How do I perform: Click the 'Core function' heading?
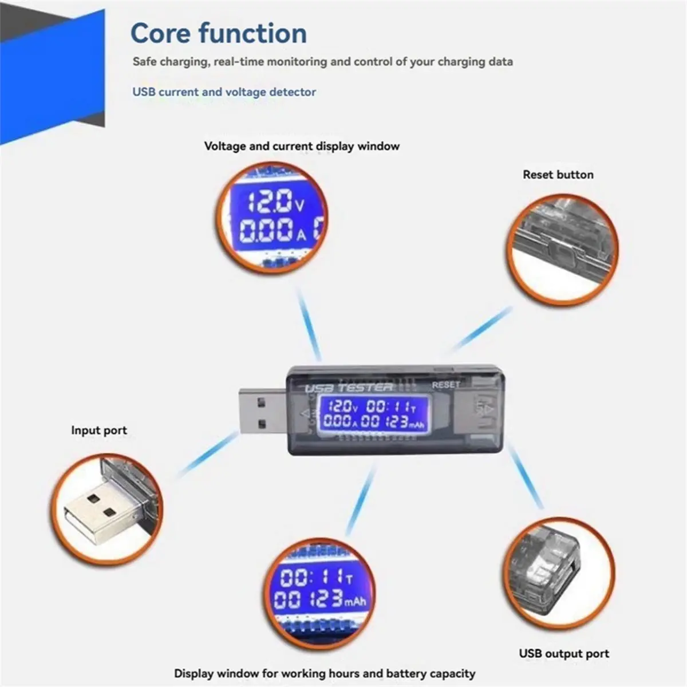pyautogui.click(x=219, y=33)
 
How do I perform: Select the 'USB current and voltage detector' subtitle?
pyautogui.click(x=224, y=92)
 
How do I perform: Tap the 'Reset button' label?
pyautogui.click(x=558, y=175)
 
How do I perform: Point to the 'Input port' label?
pyautogui.click(x=98, y=431)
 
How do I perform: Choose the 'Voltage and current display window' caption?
pyautogui.click(x=302, y=146)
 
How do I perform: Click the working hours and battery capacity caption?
pyautogui.click(x=325, y=673)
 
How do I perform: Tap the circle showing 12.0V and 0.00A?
pyautogui.click(x=272, y=218)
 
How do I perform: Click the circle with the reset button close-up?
pyautogui.click(x=562, y=250)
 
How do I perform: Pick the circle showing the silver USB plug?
pyautogui.click(x=106, y=510)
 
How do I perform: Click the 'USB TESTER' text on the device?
pyautogui.click(x=349, y=388)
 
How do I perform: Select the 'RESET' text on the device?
pyautogui.click(x=445, y=385)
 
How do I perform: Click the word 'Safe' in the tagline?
pyautogui.click(x=144, y=61)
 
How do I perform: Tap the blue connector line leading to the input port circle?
pyautogui.click(x=208, y=454)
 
